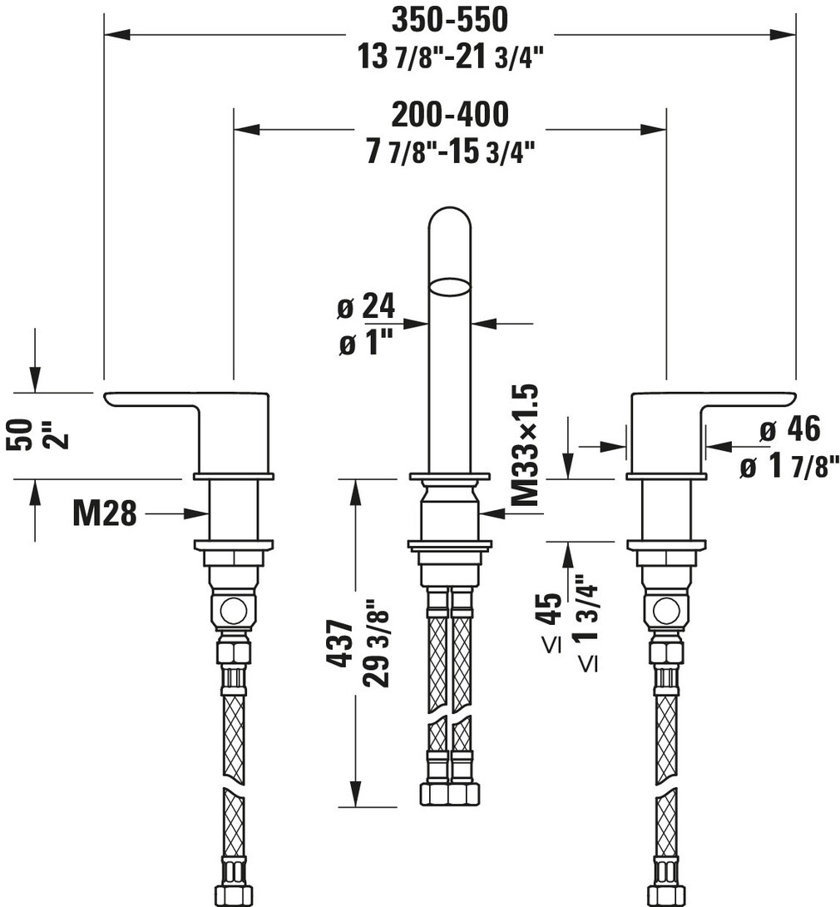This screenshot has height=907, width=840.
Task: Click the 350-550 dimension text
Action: (449, 18)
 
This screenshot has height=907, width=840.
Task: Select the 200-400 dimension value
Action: (449, 114)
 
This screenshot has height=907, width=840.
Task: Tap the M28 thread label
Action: (104, 514)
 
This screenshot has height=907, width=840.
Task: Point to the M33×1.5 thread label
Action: (526, 446)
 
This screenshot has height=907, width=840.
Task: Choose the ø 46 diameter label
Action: (790, 429)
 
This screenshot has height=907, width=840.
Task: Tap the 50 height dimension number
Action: (22, 434)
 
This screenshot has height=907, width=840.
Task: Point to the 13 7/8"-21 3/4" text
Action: (449, 57)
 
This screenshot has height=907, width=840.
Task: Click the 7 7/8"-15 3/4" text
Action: (449, 152)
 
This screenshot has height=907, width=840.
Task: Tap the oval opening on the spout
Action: (449, 288)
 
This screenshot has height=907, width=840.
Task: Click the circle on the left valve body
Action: (234, 611)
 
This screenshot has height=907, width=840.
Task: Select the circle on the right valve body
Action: (666, 611)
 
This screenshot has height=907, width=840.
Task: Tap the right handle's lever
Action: (749, 399)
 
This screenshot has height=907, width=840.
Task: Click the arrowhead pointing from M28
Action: (200, 514)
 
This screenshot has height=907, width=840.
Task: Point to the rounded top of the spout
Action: (449, 218)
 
